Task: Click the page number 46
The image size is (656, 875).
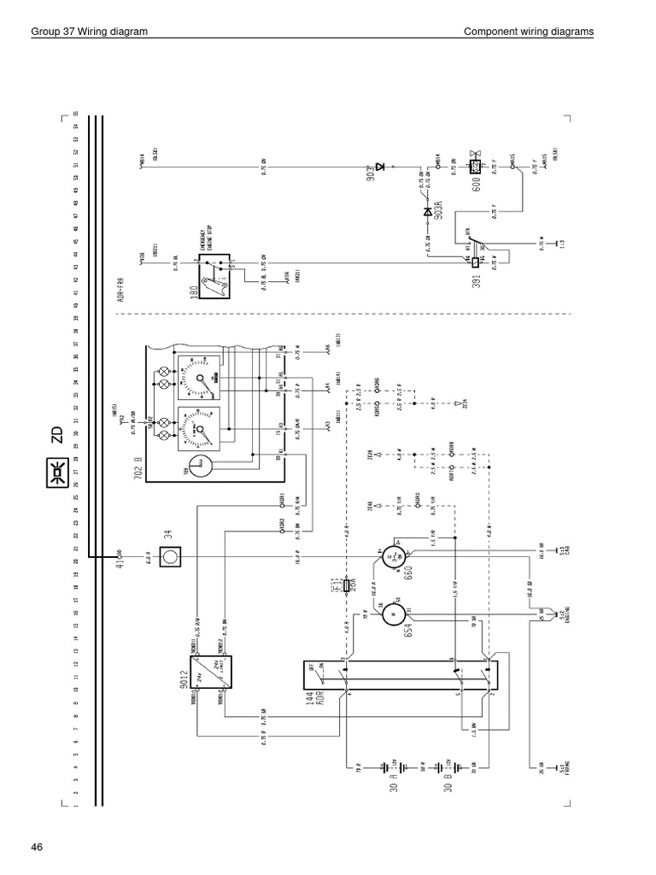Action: (x=36, y=848)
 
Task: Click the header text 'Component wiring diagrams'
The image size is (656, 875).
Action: (x=528, y=32)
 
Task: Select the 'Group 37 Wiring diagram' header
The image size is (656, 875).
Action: (x=89, y=32)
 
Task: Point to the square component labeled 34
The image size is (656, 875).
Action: (x=170, y=557)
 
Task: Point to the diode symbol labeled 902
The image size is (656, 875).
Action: (x=382, y=165)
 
